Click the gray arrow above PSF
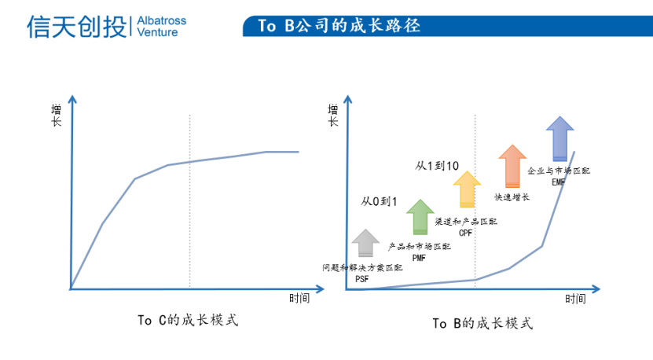[x=365, y=243]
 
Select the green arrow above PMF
[x=420, y=217]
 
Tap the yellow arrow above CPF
[x=467, y=189]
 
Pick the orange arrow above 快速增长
[x=512, y=166]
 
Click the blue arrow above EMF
[x=560, y=138]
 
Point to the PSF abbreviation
[x=362, y=279]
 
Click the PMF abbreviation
[x=419, y=259]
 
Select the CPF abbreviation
[x=466, y=233]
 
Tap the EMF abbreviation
[x=559, y=182]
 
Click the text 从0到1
[x=379, y=202]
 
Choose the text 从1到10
[x=437, y=166]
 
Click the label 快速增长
[x=512, y=197]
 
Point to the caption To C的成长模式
[x=188, y=320]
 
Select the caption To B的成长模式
[x=482, y=323]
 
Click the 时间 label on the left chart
[x=299, y=299]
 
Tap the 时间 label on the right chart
[x=575, y=299]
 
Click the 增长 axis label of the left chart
[x=57, y=116]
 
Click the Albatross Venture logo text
[x=162, y=26]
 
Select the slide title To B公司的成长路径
[x=339, y=26]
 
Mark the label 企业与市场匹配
[x=559, y=171]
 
